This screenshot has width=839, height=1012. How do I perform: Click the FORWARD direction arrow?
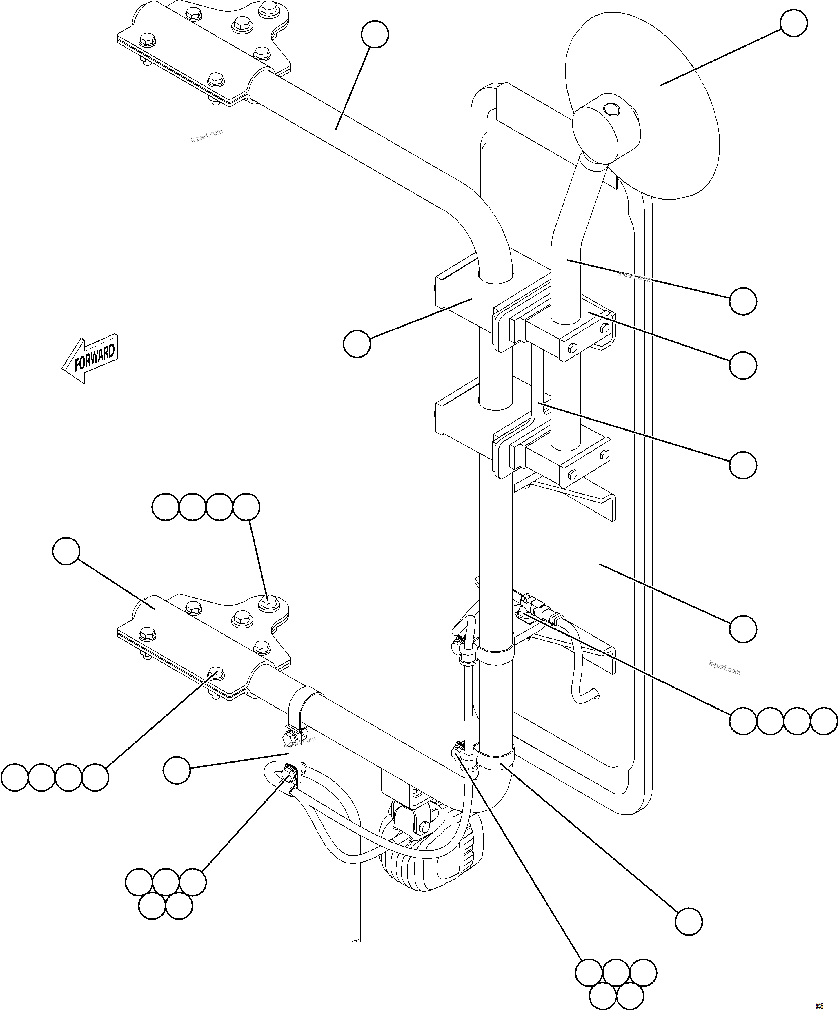pos(91,359)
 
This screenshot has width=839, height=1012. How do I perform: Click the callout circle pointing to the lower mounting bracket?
pos(66,552)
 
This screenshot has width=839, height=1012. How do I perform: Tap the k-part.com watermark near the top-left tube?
pos(206,136)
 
